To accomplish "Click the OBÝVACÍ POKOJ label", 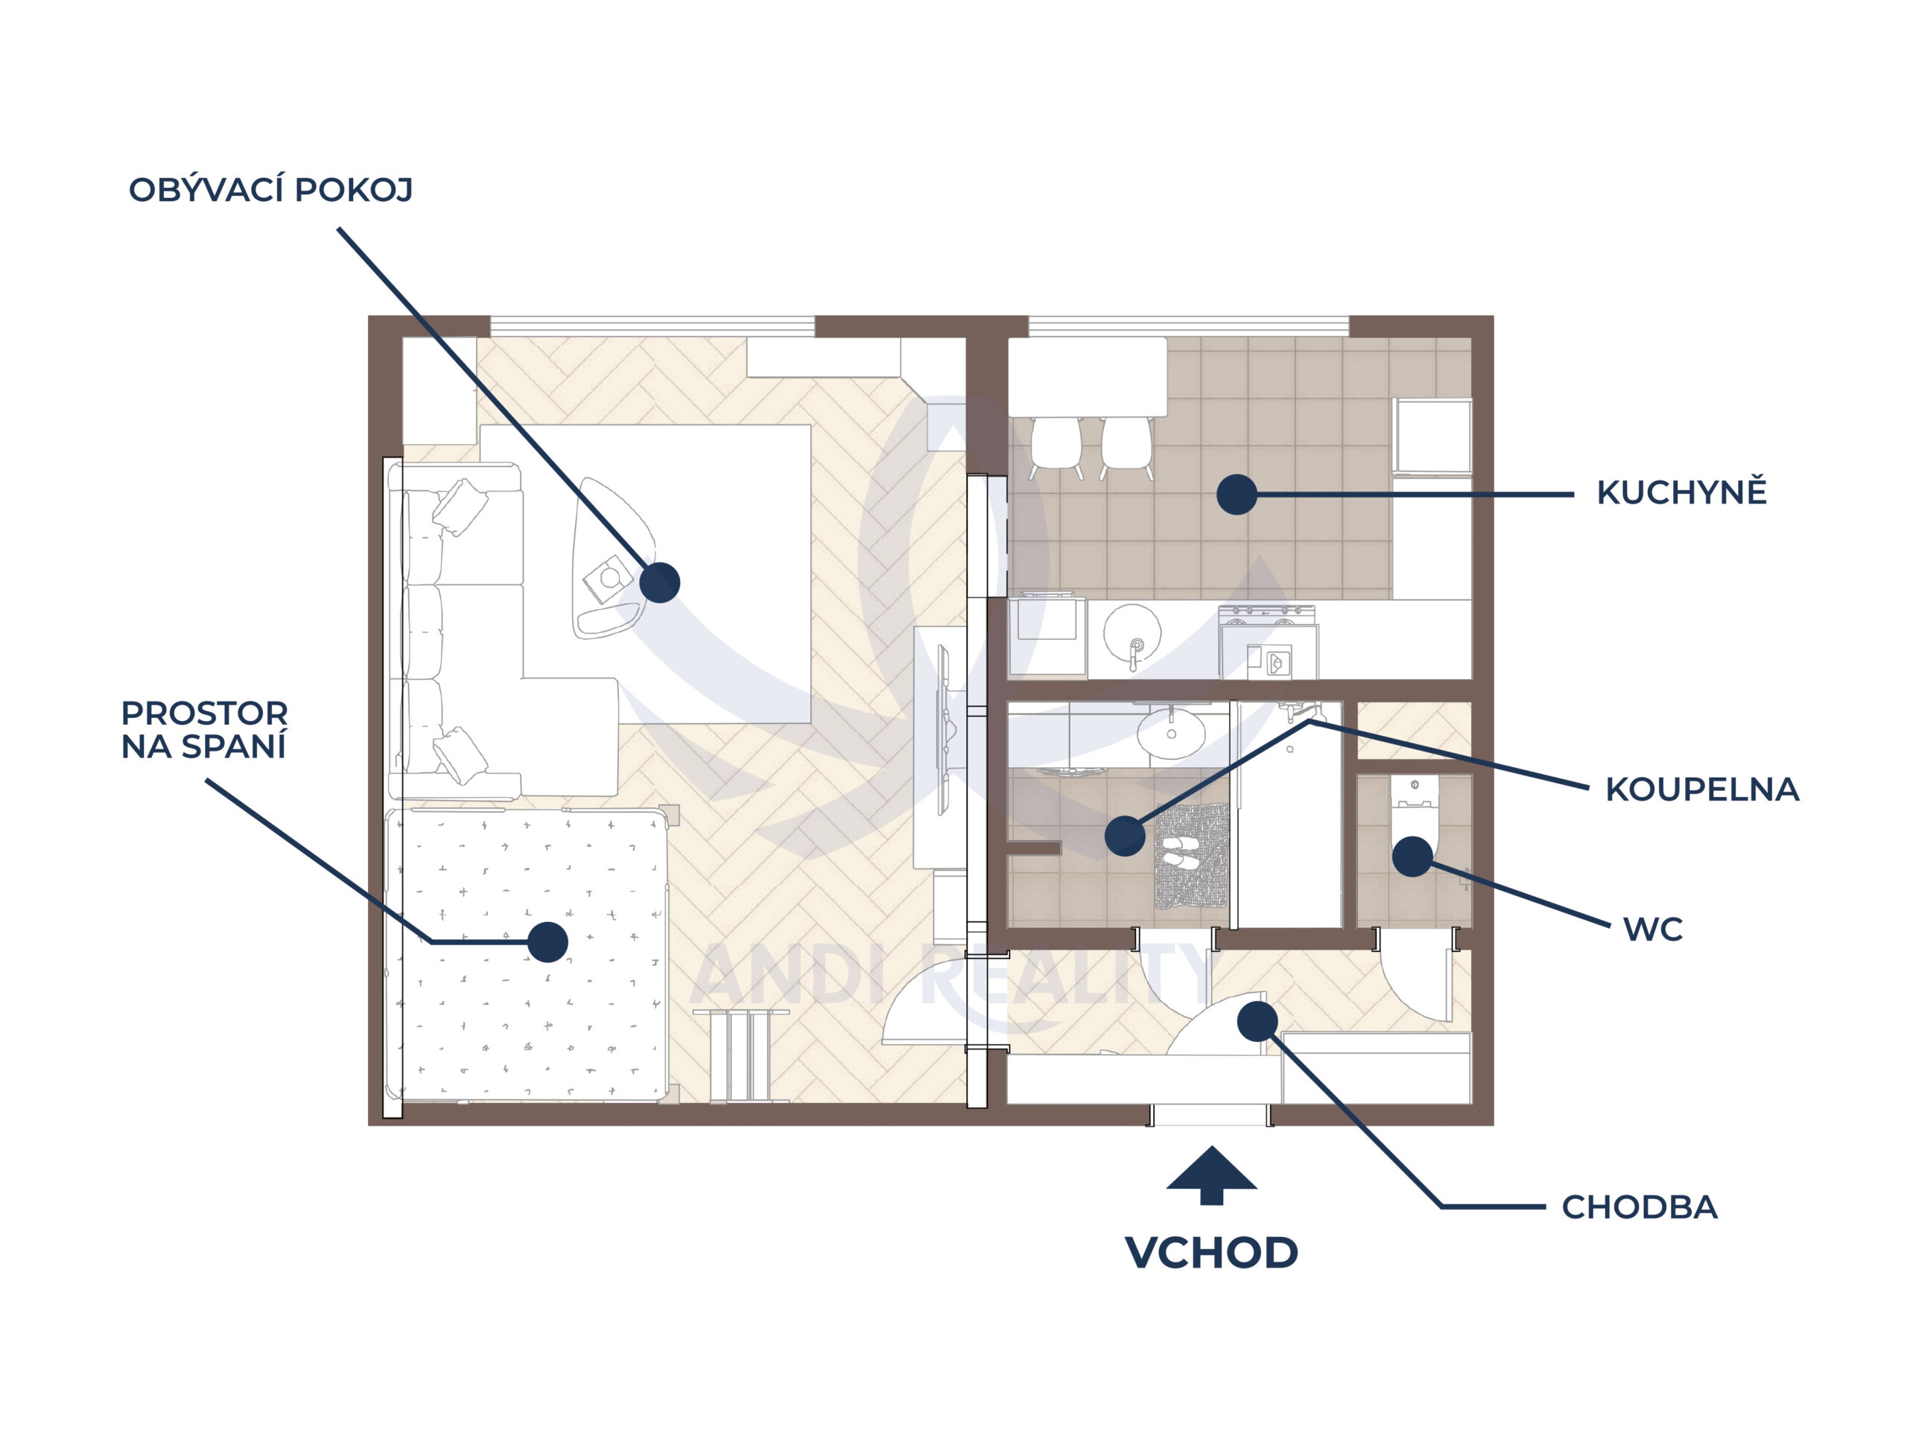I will click(270, 190).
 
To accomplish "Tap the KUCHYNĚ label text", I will click(1681, 493).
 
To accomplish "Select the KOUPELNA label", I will click(1701, 789).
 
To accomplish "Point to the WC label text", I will click(1651, 929).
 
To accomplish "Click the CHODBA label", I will click(1639, 1207).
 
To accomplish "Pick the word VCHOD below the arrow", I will click(1211, 1253).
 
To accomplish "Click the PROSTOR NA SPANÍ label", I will click(204, 730).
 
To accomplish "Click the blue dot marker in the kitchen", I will click(1237, 495).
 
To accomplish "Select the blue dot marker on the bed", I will click(548, 942).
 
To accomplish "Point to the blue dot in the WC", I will click(1412, 857).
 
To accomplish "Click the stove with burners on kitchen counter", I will click(1267, 641).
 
